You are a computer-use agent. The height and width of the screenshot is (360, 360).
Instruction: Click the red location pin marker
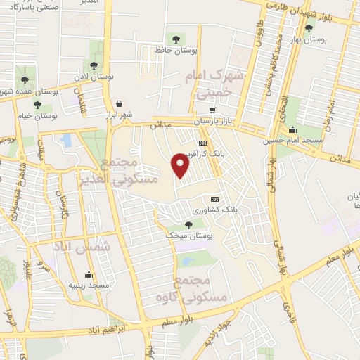pyautogui.click(x=181, y=165)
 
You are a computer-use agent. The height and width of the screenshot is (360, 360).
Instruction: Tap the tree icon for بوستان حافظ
pyautogui.click(x=176, y=39)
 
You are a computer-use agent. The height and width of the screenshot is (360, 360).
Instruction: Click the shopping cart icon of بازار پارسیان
pyautogui.click(x=212, y=110)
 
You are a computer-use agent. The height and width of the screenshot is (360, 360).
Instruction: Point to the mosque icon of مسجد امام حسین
pyautogui.click(x=292, y=129)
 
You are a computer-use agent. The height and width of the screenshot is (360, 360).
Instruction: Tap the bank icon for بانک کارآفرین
pyautogui.click(x=202, y=143)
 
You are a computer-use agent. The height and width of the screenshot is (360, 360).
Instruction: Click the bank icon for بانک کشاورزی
pyautogui.click(x=215, y=198)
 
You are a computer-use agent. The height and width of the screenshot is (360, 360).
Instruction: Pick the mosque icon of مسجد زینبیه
pyautogui.click(x=89, y=274)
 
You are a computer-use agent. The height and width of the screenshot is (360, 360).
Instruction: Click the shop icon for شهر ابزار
pyautogui.click(x=119, y=103)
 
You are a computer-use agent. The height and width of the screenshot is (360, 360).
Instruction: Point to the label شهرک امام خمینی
pyautogui.click(x=214, y=84)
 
